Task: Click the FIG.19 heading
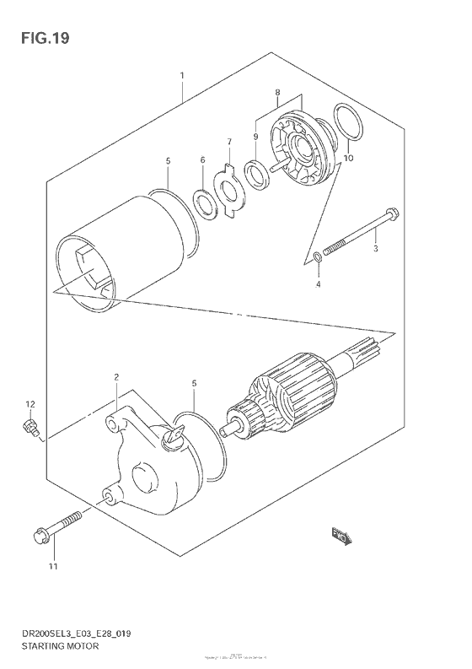(x=40, y=37)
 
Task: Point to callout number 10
(x=348, y=158)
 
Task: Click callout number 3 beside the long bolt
(x=376, y=249)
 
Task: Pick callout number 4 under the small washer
(x=319, y=284)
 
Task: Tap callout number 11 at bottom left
(x=52, y=566)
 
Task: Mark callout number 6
(x=202, y=159)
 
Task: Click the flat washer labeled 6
(x=202, y=202)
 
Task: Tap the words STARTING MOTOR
(x=62, y=645)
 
